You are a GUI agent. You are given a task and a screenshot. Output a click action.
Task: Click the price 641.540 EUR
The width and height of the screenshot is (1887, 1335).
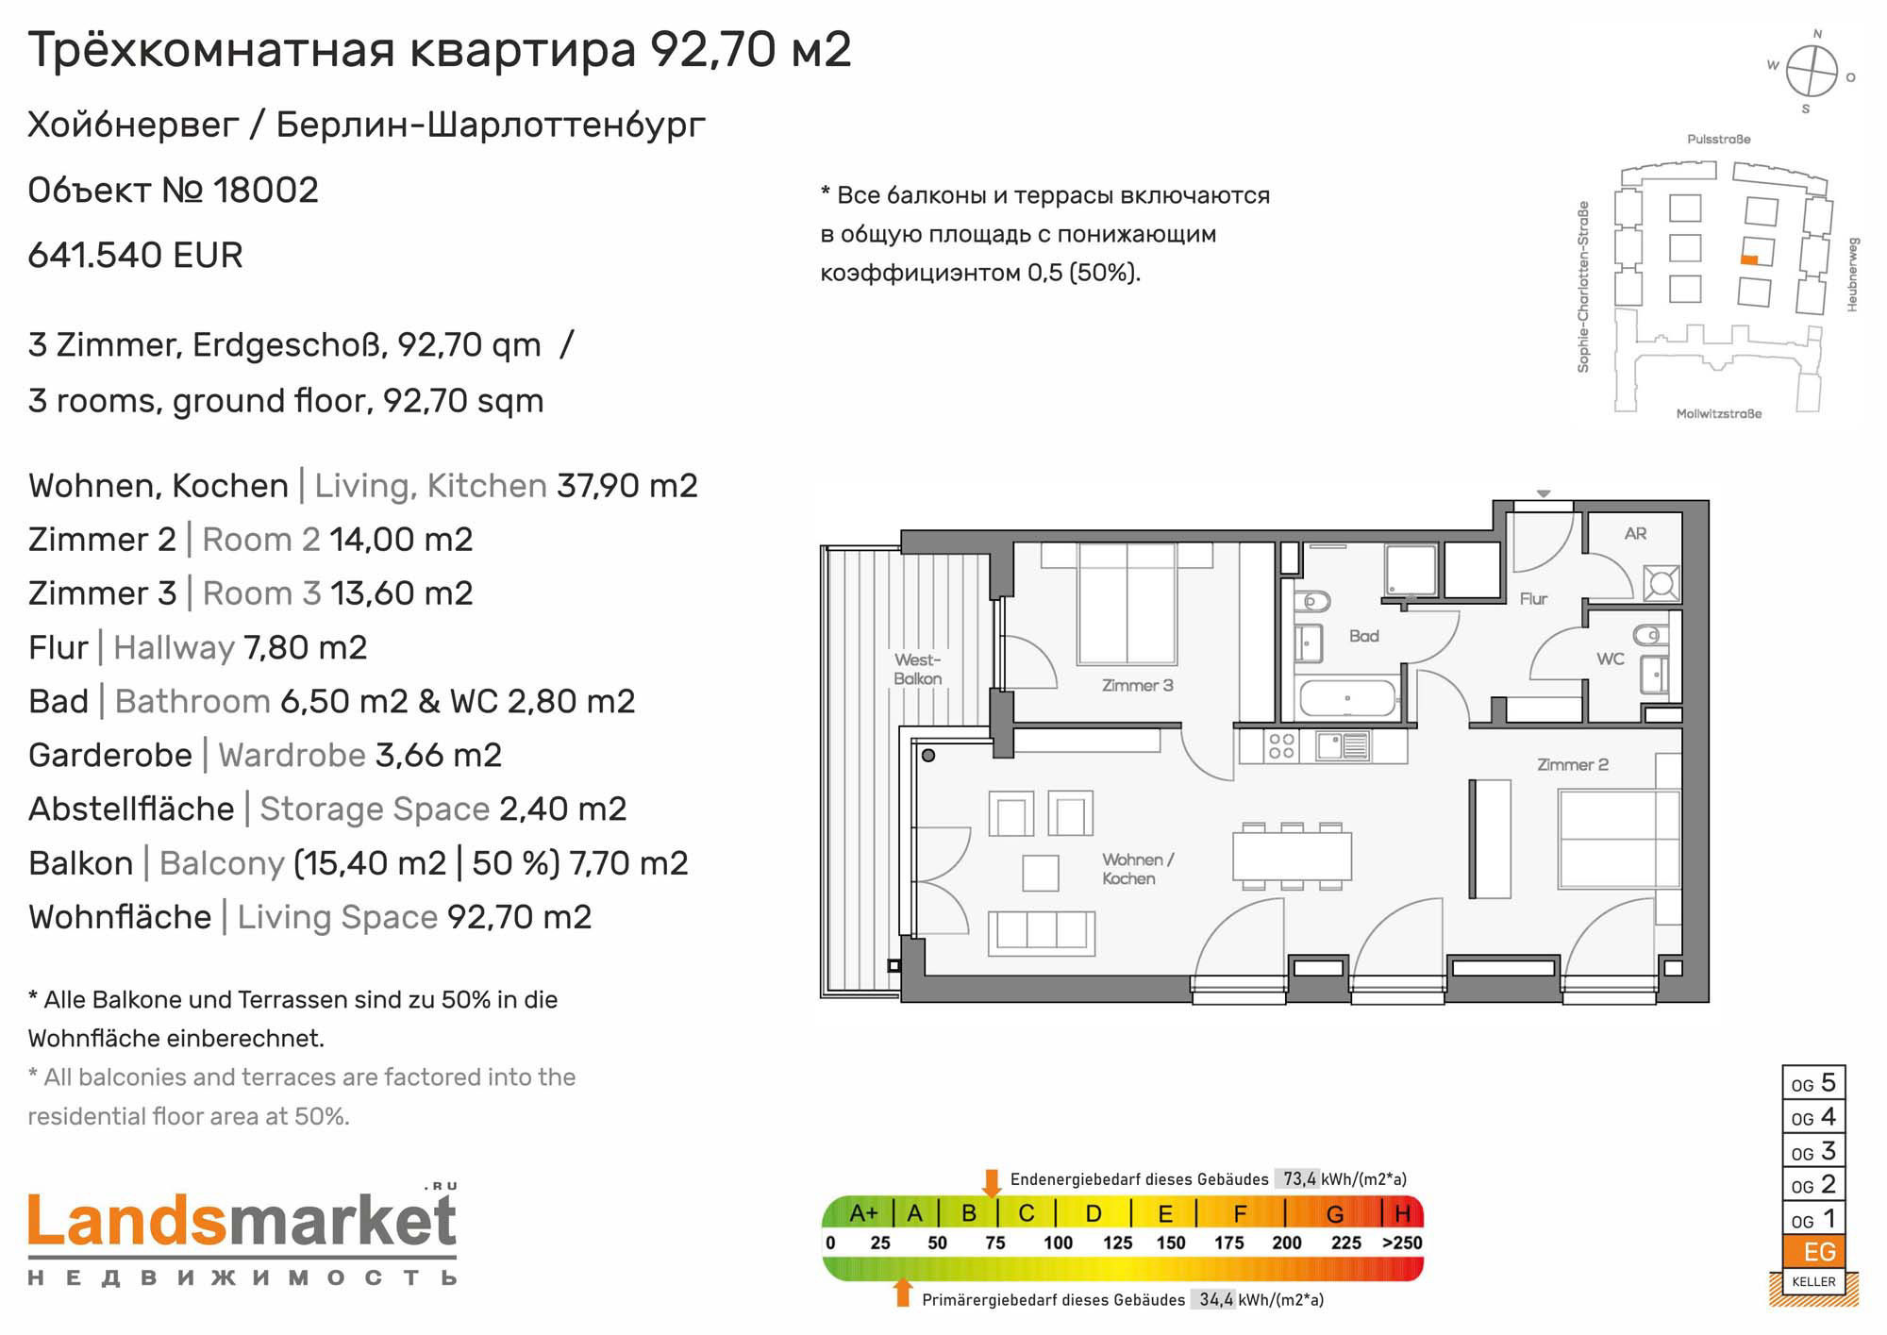coord(136,256)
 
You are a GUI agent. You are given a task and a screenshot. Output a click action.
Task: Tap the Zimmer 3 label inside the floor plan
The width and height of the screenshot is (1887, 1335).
coord(1137,686)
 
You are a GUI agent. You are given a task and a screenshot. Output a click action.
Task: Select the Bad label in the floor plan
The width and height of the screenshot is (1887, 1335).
coord(1364,636)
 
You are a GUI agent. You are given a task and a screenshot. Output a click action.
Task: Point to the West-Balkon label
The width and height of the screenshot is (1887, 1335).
coord(917,669)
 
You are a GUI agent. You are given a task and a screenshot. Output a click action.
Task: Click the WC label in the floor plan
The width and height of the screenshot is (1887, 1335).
coord(1610,659)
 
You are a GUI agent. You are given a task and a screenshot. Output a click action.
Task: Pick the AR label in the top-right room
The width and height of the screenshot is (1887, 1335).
coord(1635,534)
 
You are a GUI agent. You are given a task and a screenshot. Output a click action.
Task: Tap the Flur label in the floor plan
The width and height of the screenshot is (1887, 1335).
coord(1533,598)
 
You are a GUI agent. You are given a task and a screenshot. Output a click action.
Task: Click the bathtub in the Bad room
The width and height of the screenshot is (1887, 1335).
coord(1347,699)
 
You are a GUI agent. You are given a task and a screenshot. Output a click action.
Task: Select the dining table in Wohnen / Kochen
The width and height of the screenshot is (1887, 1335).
coord(1292,857)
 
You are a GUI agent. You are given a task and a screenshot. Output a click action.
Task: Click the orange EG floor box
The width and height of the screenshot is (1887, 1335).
coord(1813,1252)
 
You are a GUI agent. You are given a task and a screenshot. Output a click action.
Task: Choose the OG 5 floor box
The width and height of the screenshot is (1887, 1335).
coord(1813,1083)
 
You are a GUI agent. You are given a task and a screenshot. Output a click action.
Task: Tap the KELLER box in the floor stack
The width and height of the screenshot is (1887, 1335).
coord(1813,1281)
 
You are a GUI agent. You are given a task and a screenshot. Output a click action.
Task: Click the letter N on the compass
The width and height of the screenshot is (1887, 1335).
coord(1817,34)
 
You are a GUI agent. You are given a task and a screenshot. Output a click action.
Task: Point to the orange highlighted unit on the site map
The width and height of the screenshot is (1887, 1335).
coord(1748,260)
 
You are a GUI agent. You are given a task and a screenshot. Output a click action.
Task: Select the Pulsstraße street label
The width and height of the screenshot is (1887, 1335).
coord(1718,140)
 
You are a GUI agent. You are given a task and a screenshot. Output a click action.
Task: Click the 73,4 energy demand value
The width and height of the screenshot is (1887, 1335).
coord(1299,1178)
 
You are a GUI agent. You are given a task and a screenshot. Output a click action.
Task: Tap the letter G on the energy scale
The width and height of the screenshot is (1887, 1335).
coord(1335,1213)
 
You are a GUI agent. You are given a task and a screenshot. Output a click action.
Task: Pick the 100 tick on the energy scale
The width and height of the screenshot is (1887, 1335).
coord(1058,1243)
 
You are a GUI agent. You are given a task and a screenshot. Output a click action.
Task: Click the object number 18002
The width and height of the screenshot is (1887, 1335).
coord(266,191)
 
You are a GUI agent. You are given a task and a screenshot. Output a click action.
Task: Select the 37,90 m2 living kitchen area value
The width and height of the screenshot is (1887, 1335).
coord(627,486)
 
